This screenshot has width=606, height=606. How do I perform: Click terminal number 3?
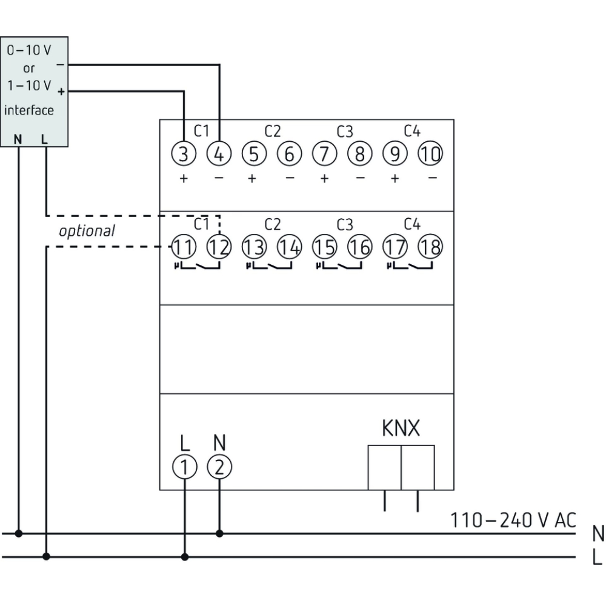[x=185, y=154]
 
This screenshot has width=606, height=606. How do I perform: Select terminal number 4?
[x=219, y=154]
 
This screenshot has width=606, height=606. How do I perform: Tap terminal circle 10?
[x=430, y=154]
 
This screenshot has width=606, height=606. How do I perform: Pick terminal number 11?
[x=184, y=247]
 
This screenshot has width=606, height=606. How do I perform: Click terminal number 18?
[x=430, y=247]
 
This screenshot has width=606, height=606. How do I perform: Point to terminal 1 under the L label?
[x=185, y=467]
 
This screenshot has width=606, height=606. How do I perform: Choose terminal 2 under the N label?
[x=219, y=467]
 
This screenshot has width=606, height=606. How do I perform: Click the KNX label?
[x=401, y=429]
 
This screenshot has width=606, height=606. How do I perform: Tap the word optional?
[x=87, y=231]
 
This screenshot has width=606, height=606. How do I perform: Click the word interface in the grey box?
[x=29, y=110]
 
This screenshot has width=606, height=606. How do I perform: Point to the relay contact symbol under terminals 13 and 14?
[x=269, y=266]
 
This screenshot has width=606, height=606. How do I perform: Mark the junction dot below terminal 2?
[x=219, y=533]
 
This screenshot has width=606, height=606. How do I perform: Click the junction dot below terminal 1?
[x=185, y=556]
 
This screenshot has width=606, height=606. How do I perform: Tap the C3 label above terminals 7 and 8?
[x=344, y=131]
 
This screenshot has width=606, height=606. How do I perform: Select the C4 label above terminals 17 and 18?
[x=411, y=224]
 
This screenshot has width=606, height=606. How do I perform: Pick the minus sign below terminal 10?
[x=431, y=179]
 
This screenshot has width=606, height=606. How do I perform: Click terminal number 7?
[x=324, y=154]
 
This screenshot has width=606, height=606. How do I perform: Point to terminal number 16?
[x=360, y=247]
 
